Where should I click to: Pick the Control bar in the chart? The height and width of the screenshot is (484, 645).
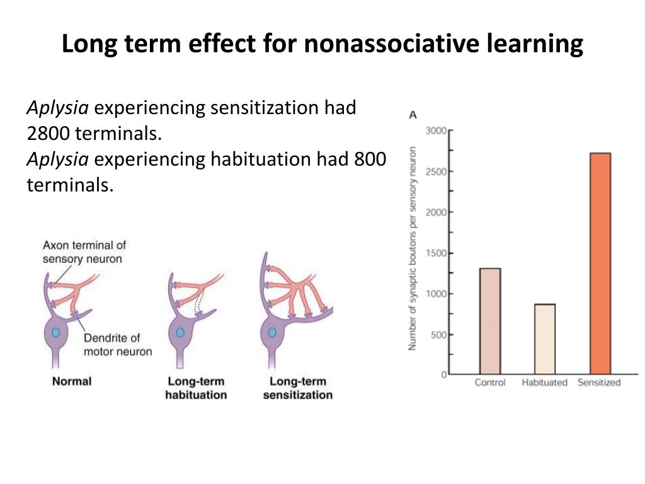click(490, 321)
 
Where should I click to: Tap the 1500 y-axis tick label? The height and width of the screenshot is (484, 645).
click(436, 253)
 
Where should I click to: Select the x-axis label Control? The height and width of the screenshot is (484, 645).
click(490, 383)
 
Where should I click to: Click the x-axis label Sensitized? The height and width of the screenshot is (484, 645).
click(599, 383)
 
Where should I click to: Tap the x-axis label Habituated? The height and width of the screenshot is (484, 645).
click(544, 383)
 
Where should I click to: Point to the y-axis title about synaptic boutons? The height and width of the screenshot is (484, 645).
click(413, 248)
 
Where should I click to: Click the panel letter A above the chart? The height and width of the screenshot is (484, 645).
click(413, 115)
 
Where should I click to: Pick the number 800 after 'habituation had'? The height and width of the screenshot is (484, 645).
click(369, 159)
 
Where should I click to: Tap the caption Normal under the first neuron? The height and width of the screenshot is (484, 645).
click(72, 381)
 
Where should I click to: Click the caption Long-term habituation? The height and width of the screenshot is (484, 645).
click(196, 388)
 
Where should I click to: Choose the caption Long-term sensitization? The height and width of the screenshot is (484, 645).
click(297, 388)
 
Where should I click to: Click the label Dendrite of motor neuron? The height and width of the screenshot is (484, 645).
click(118, 345)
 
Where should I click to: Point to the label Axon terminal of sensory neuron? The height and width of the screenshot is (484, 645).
click(84, 251)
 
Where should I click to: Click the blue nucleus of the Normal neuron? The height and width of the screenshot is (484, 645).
click(56, 331)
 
